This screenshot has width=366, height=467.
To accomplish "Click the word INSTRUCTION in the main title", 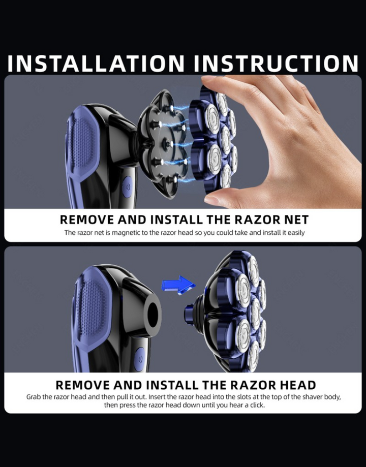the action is pyautogui.click(x=276, y=64).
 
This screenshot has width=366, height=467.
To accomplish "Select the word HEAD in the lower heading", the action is pyautogui.click(x=297, y=385).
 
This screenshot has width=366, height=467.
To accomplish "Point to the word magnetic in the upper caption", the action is pyautogui.click(x=126, y=233).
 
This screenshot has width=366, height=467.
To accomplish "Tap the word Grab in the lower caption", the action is pyautogui.click(x=33, y=397).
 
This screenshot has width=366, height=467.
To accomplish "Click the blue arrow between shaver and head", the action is pyautogui.click(x=178, y=285).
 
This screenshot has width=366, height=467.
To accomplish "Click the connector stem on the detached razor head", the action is pyautogui.click(x=190, y=314).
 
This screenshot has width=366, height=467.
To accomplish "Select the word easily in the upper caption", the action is pyautogui.click(x=296, y=233).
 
